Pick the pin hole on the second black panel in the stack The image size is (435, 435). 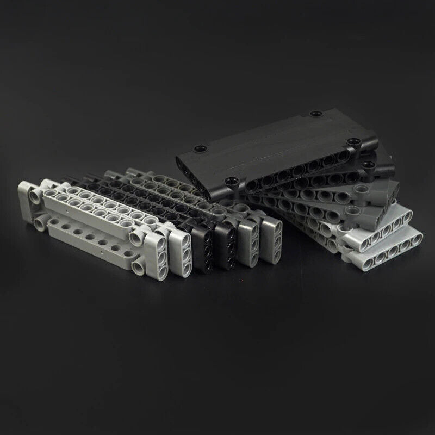tap(370, 165)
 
